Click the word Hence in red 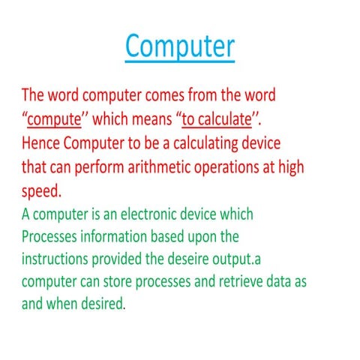(42, 144)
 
